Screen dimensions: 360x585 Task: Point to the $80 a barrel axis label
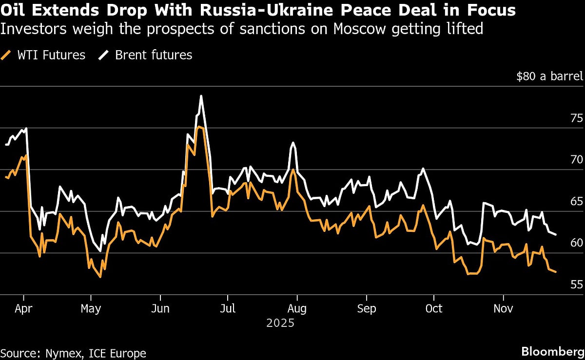coord(550,76)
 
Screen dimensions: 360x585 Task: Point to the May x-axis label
coord(91,308)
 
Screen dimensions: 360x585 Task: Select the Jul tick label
coord(227,308)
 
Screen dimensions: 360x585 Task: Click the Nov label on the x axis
coord(503,308)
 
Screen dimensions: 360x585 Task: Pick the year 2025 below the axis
coord(280,322)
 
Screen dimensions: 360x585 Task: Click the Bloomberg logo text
coord(552,351)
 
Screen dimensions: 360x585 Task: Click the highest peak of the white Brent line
coord(201,96)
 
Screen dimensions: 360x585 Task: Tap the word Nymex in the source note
coord(61,353)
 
